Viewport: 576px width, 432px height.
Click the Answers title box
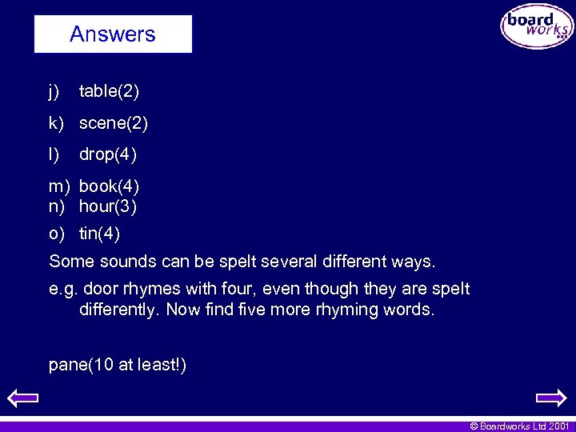pos(113,34)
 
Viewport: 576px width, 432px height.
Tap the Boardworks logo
pos(537,26)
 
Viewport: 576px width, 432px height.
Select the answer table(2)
pos(109,92)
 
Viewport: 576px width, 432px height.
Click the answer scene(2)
pos(113,123)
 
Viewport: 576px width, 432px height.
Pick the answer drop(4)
pos(108,154)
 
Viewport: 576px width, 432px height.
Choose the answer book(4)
pos(109,186)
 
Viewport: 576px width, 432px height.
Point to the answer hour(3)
pos(108,206)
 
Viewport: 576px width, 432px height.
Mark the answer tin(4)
pos(99,234)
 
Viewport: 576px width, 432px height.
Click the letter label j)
pos(54,92)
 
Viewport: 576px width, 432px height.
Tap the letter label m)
pos(60,186)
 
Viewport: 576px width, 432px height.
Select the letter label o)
pos(56,234)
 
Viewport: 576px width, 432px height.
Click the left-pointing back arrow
pos(22,397)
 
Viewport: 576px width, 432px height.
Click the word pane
pos(67,366)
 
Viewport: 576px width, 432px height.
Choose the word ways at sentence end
pos(412,262)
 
